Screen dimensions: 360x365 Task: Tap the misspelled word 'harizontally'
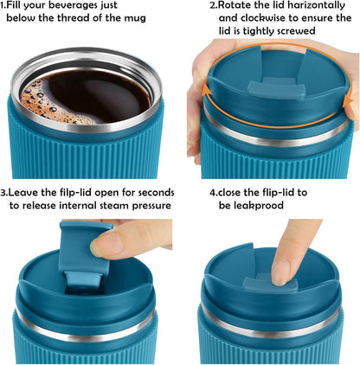point(315,5)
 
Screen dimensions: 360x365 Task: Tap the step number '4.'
point(213,193)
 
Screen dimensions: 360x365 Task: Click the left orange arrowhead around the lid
point(206,89)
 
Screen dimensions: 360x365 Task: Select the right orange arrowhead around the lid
point(349,102)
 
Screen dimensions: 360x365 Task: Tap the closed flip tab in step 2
point(276,90)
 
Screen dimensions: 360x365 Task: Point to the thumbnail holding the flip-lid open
point(104,244)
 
